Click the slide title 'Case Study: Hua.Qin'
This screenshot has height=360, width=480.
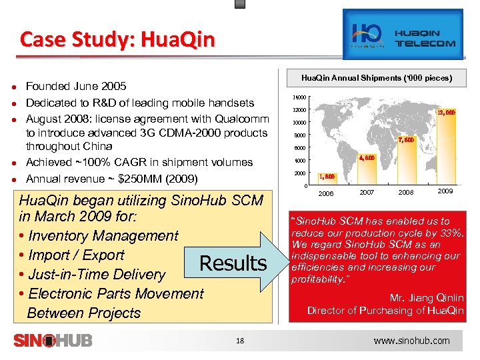click(117, 40)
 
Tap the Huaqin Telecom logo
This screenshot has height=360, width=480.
click(403, 35)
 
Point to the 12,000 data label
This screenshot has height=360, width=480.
click(446, 113)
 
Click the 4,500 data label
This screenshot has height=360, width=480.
click(367, 159)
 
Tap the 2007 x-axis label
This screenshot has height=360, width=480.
click(367, 192)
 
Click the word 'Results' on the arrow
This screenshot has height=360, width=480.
click(233, 263)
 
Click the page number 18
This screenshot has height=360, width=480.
click(241, 341)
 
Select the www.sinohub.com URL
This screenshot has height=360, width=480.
click(411, 341)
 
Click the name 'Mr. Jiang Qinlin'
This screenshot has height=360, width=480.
click(427, 298)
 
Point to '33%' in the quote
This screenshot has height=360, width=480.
click(451, 232)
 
